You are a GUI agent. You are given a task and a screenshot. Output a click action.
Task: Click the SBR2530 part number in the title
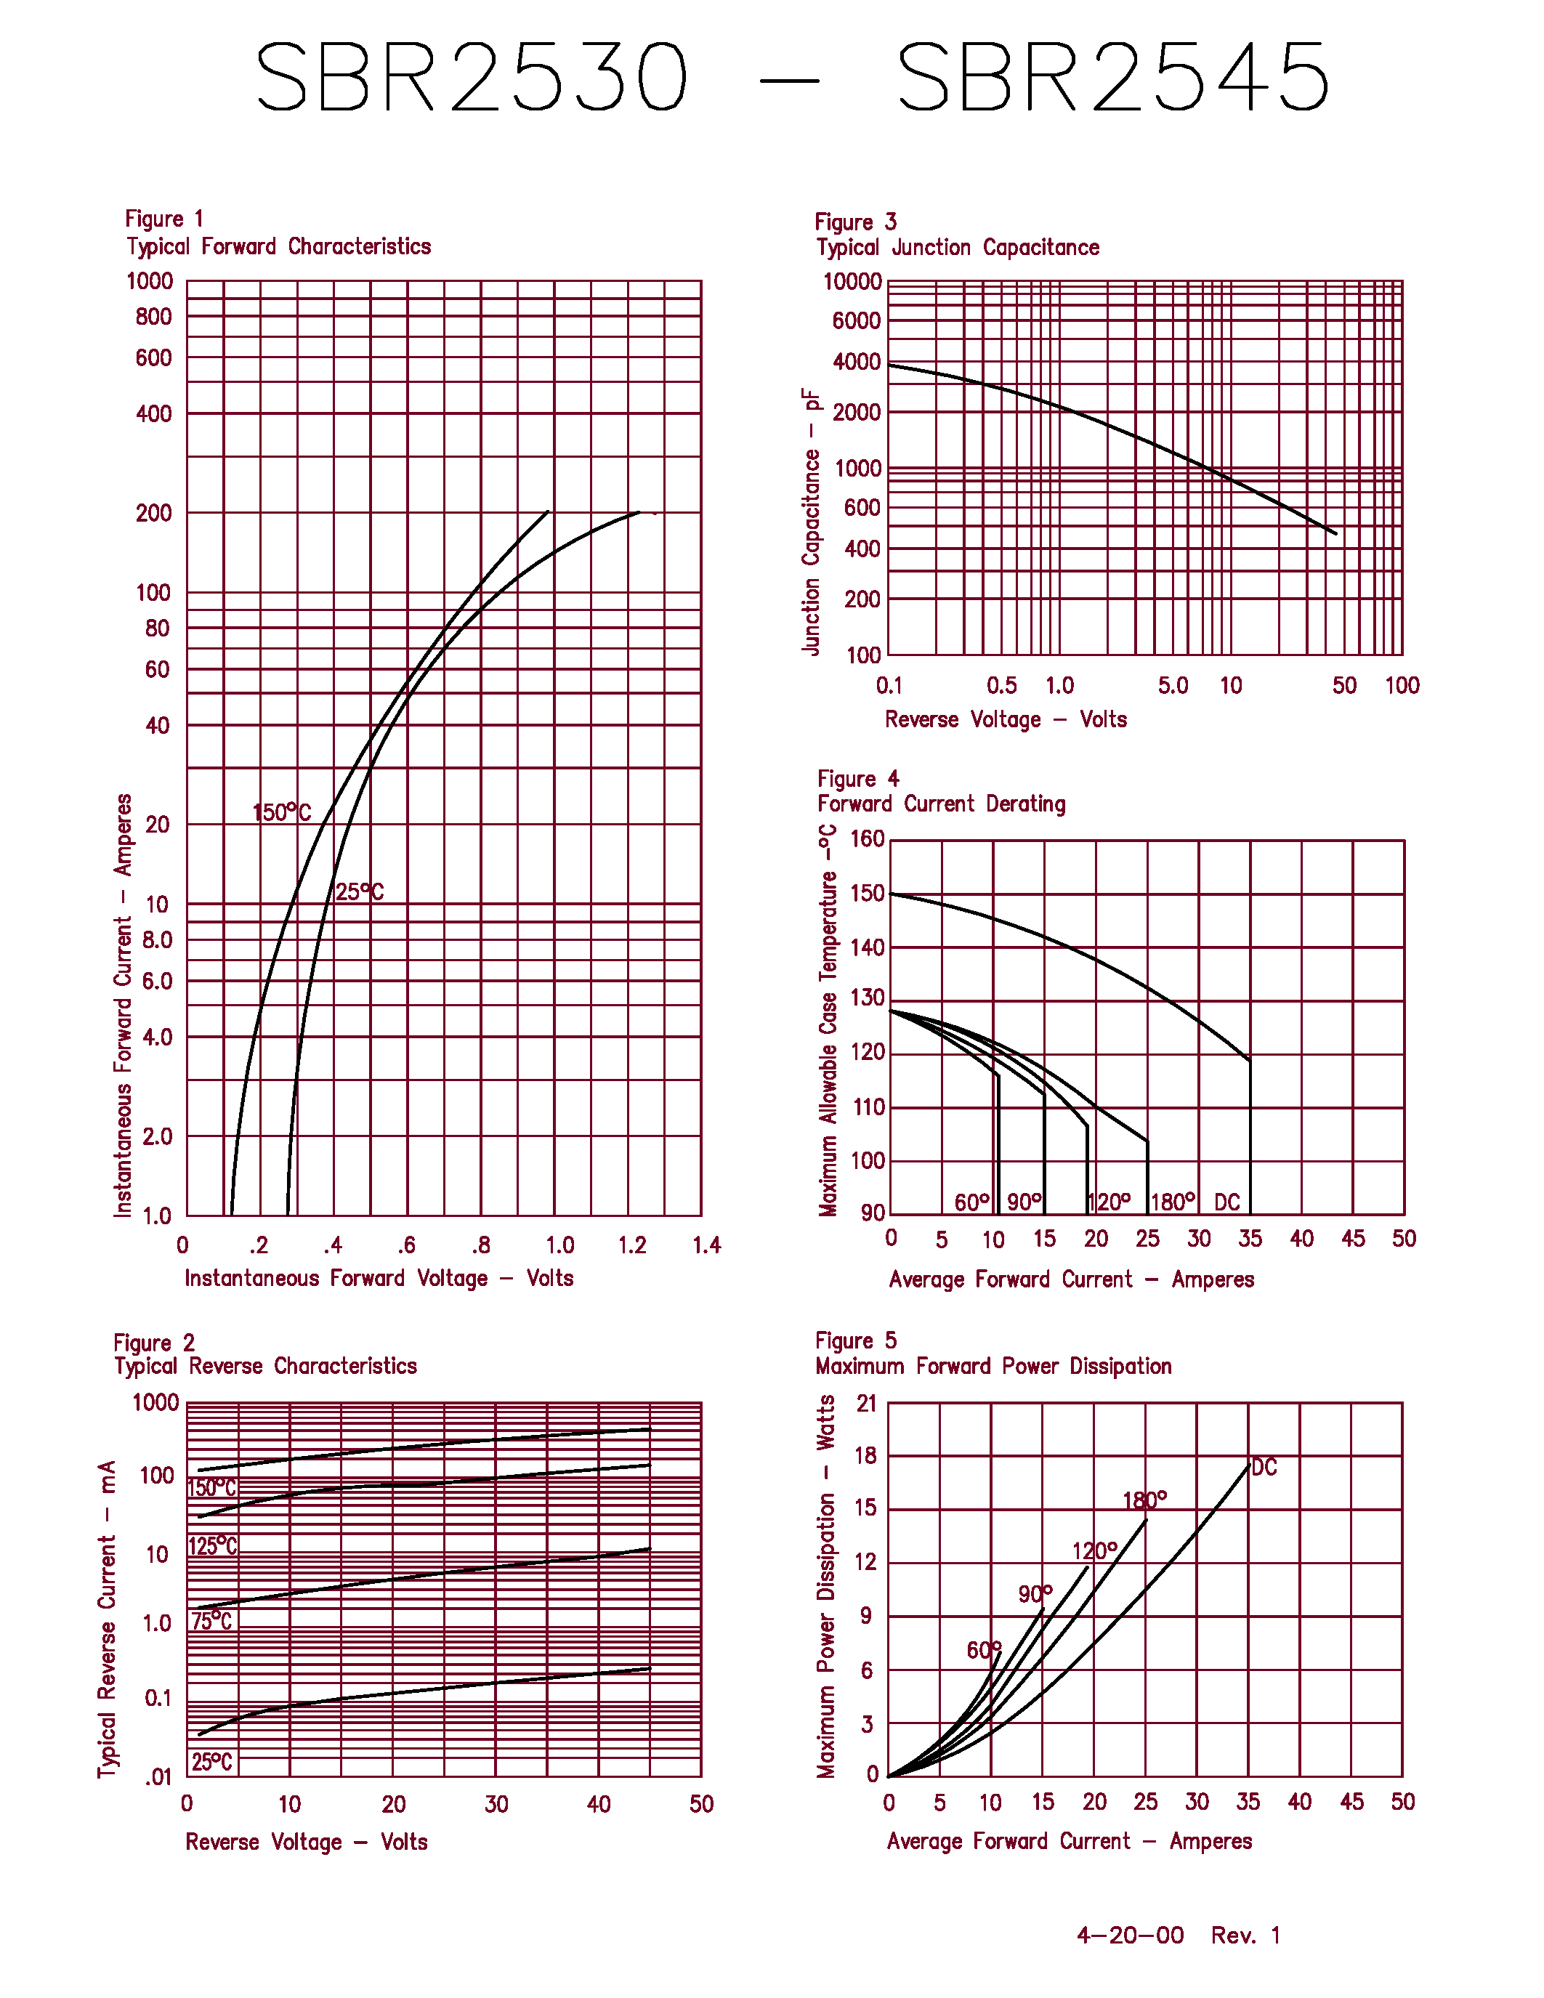pyautogui.click(x=471, y=78)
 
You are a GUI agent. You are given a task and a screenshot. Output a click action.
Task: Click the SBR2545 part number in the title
pyautogui.click(x=1113, y=78)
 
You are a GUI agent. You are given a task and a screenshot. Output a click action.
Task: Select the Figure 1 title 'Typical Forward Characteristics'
pyautogui.click(x=279, y=247)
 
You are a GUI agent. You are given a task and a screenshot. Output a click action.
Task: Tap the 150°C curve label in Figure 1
pyautogui.click(x=282, y=812)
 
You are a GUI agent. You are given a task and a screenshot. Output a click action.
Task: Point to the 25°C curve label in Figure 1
pyautogui.click(x=360, y=892)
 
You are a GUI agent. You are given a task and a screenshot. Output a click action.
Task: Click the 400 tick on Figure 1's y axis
pyautogui.click(x=153, y=414)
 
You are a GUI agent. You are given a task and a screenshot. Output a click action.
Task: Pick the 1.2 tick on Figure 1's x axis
pyautogui.click(x=632, y=1245)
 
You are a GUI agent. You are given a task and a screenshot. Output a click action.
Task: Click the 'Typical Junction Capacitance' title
pyautogui.click(x=958, y=248)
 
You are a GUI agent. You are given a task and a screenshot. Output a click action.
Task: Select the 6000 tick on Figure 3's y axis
pyautogui.click(x=856, y=321)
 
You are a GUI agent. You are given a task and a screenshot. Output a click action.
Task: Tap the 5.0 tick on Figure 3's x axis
pyautogui.click(x=1173, y=686)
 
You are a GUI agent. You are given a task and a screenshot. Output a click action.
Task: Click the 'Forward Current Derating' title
pyautogui.click(x=941, y=804)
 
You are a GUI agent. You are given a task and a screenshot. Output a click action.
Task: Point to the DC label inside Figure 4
pyautogui.click(x=1226, y=1202)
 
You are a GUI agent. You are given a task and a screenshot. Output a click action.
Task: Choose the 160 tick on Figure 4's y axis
pyautogui.click(x=867, y=839)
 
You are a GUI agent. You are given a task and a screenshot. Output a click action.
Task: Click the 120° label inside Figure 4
pyautogui.click(x=1110, y=1202)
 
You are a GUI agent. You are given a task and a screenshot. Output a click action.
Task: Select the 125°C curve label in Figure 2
pyautogui.click(x=213, y=1546)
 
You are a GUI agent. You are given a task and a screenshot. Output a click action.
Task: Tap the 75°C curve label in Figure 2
pyautogui.click(x=212, y=1622)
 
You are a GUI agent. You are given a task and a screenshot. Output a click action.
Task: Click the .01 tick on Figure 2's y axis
pyautogui.click(x=158, y=1778)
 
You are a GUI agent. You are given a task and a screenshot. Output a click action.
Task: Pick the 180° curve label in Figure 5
pyautogui.click(x=1144, y=1500)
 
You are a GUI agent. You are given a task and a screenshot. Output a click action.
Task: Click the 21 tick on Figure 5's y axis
pyautogui.click(x=866, y=1404)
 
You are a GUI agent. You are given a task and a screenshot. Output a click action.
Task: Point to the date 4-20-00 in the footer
pyautogui.click(x=1130, y=1935)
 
